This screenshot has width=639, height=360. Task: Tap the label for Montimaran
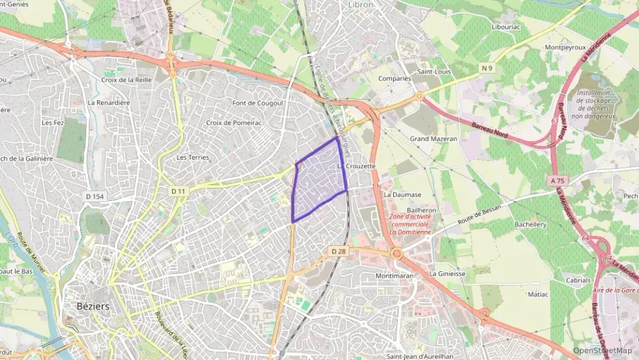click(395, 276)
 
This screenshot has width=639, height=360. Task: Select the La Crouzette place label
click(357, 167)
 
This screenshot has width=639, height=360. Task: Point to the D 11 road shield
click(178, 191)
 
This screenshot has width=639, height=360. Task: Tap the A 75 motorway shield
click(557, 181)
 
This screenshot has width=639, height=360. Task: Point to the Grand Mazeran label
click(434, 139)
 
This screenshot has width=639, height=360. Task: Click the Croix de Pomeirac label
click(234, 123)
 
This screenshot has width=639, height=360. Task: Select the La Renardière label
click(109, 102)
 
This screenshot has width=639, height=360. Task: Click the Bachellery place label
click(530, 224)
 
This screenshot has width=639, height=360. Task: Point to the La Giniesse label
click(447, 273)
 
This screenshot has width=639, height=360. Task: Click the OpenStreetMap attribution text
click(603, 350)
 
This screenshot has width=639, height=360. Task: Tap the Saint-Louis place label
click(434, 71)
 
